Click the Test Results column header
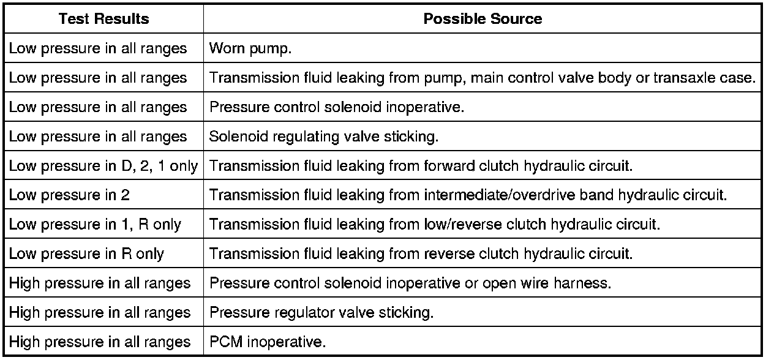coord(103,18)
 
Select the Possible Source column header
coord(483,18)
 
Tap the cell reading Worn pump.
coord(250,48)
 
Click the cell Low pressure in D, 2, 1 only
coord(103,166)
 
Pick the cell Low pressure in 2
coord(69,195)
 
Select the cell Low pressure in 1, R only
coord(95,225)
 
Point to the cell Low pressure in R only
coord(86,254)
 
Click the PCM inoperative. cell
coord(267,342)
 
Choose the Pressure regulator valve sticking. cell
coord(321,313)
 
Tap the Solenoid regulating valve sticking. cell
coord(324,137)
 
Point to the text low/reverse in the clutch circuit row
coord(443,225)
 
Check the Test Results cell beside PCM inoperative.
coord(99,342)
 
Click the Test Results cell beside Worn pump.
coord(98,48)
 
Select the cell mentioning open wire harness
coord(410,283)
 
